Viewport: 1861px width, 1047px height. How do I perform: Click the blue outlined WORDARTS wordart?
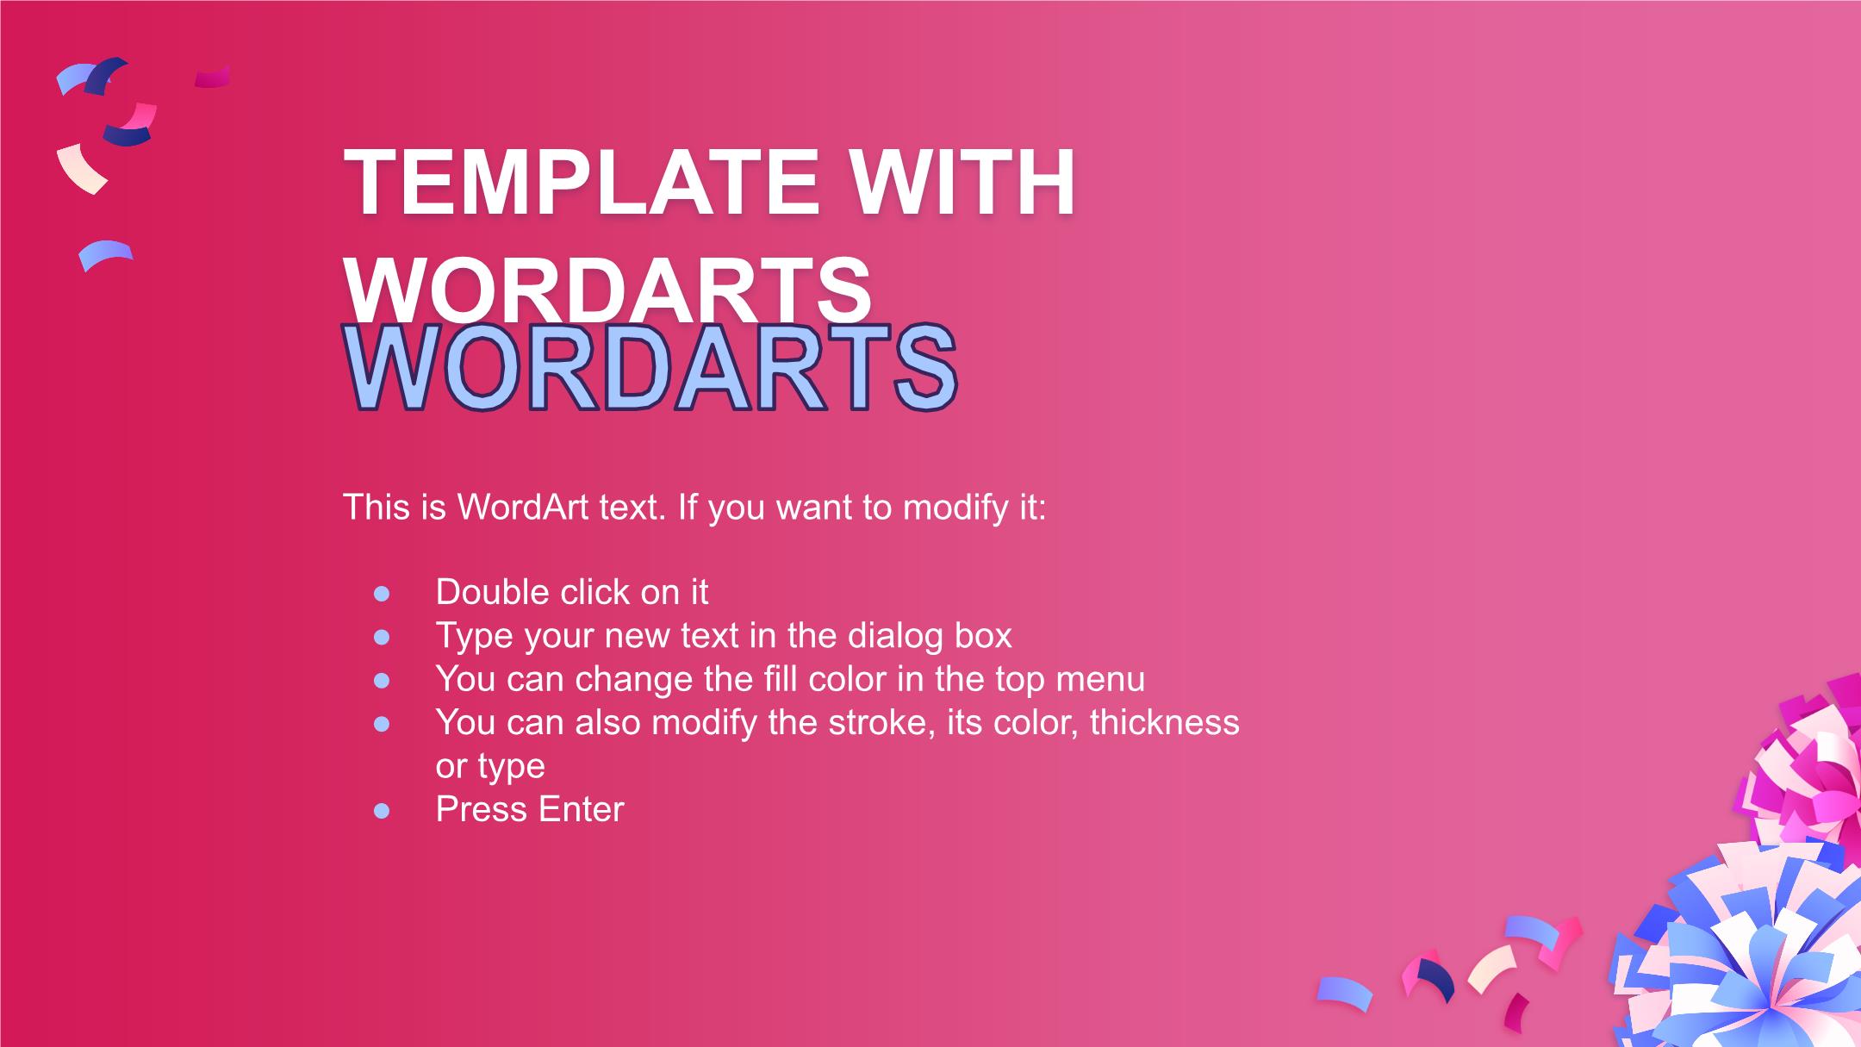click(x=650, y=368)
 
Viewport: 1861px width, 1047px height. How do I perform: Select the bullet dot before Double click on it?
click(x=382, y=594)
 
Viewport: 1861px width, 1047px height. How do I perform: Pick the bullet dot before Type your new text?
click(x=382, y=638)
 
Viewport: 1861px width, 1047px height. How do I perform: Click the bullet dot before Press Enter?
click(x=382, y=811)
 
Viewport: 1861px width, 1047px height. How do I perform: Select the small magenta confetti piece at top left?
click(x=212, y=77)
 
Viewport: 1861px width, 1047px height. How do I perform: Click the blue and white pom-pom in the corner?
click(x=1740, y=957)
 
